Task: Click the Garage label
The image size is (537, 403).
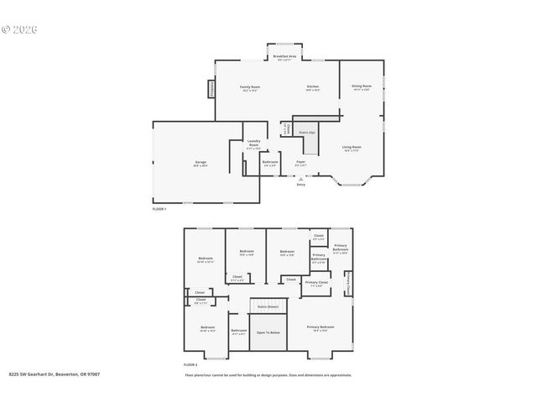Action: click(201, 162)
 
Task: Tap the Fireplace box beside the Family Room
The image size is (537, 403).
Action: click(211, 88)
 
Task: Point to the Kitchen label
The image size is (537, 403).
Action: click(312, 87)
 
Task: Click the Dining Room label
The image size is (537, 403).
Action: click(361, 86)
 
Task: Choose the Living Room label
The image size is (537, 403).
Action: click(352, 148)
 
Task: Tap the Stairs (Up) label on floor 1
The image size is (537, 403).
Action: click(307, 133)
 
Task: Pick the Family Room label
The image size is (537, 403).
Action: click(250, 87)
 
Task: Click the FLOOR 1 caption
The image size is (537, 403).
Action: click(159, 207)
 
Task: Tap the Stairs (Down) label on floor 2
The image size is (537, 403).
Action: click(268, 307)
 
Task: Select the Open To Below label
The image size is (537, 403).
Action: click(268, 332)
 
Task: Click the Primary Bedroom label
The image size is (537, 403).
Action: click(321, 327)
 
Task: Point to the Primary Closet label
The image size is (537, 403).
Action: click(317, 283)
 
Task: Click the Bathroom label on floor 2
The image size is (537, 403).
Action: click(239, 331)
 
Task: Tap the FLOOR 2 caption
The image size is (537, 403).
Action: click(190, 364)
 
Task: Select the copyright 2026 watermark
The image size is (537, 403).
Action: click(20, 29)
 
